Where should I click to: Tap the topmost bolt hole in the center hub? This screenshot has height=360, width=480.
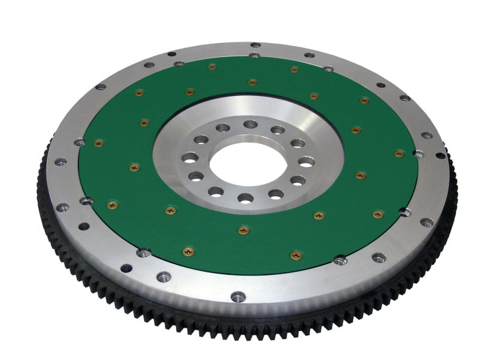tap(251, 124)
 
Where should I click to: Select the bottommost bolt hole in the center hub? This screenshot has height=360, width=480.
tap(244, 197)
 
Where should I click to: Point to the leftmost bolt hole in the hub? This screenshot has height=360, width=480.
tap(191, 158)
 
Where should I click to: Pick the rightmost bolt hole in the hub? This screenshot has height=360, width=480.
tap(305, 162)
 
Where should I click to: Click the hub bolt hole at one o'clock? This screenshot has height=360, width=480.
tap(278, 129)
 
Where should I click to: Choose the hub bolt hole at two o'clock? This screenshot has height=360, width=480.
tap(298, 143)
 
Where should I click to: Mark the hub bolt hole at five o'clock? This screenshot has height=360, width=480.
tap(275, 194)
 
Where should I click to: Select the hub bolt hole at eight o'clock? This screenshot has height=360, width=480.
tap(196, 176)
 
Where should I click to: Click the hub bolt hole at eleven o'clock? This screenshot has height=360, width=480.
tap(223, 128)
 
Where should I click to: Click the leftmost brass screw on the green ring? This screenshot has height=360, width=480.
tap(98, 143)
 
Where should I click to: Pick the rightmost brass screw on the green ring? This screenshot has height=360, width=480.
tap(400, 153)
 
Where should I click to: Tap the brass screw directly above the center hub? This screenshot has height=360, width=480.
tap(252, 82)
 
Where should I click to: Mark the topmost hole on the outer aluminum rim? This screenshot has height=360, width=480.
tap(255, 45)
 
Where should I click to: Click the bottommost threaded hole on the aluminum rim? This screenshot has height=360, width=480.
tap(238, 296)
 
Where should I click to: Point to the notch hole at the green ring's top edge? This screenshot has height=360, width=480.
tap(254, 56)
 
